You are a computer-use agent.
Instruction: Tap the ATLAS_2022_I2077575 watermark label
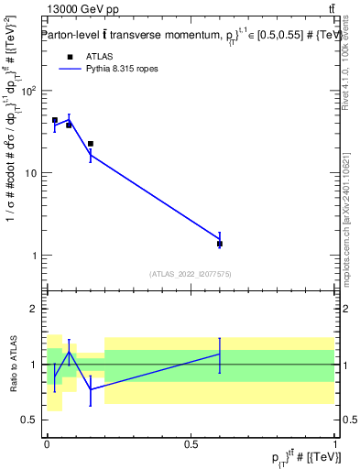(190, 273)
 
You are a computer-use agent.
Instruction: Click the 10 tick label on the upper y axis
(32, 173)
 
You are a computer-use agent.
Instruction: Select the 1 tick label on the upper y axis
(37, 256)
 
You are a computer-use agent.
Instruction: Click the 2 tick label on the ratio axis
(37, 309)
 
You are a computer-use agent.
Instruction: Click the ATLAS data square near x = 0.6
(220, 244)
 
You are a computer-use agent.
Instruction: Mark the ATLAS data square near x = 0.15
(90, 144)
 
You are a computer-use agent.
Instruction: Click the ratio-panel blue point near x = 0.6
(220, 354)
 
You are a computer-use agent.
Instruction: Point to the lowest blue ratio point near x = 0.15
(90, 389)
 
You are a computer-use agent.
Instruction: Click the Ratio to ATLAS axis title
(13, 364)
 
